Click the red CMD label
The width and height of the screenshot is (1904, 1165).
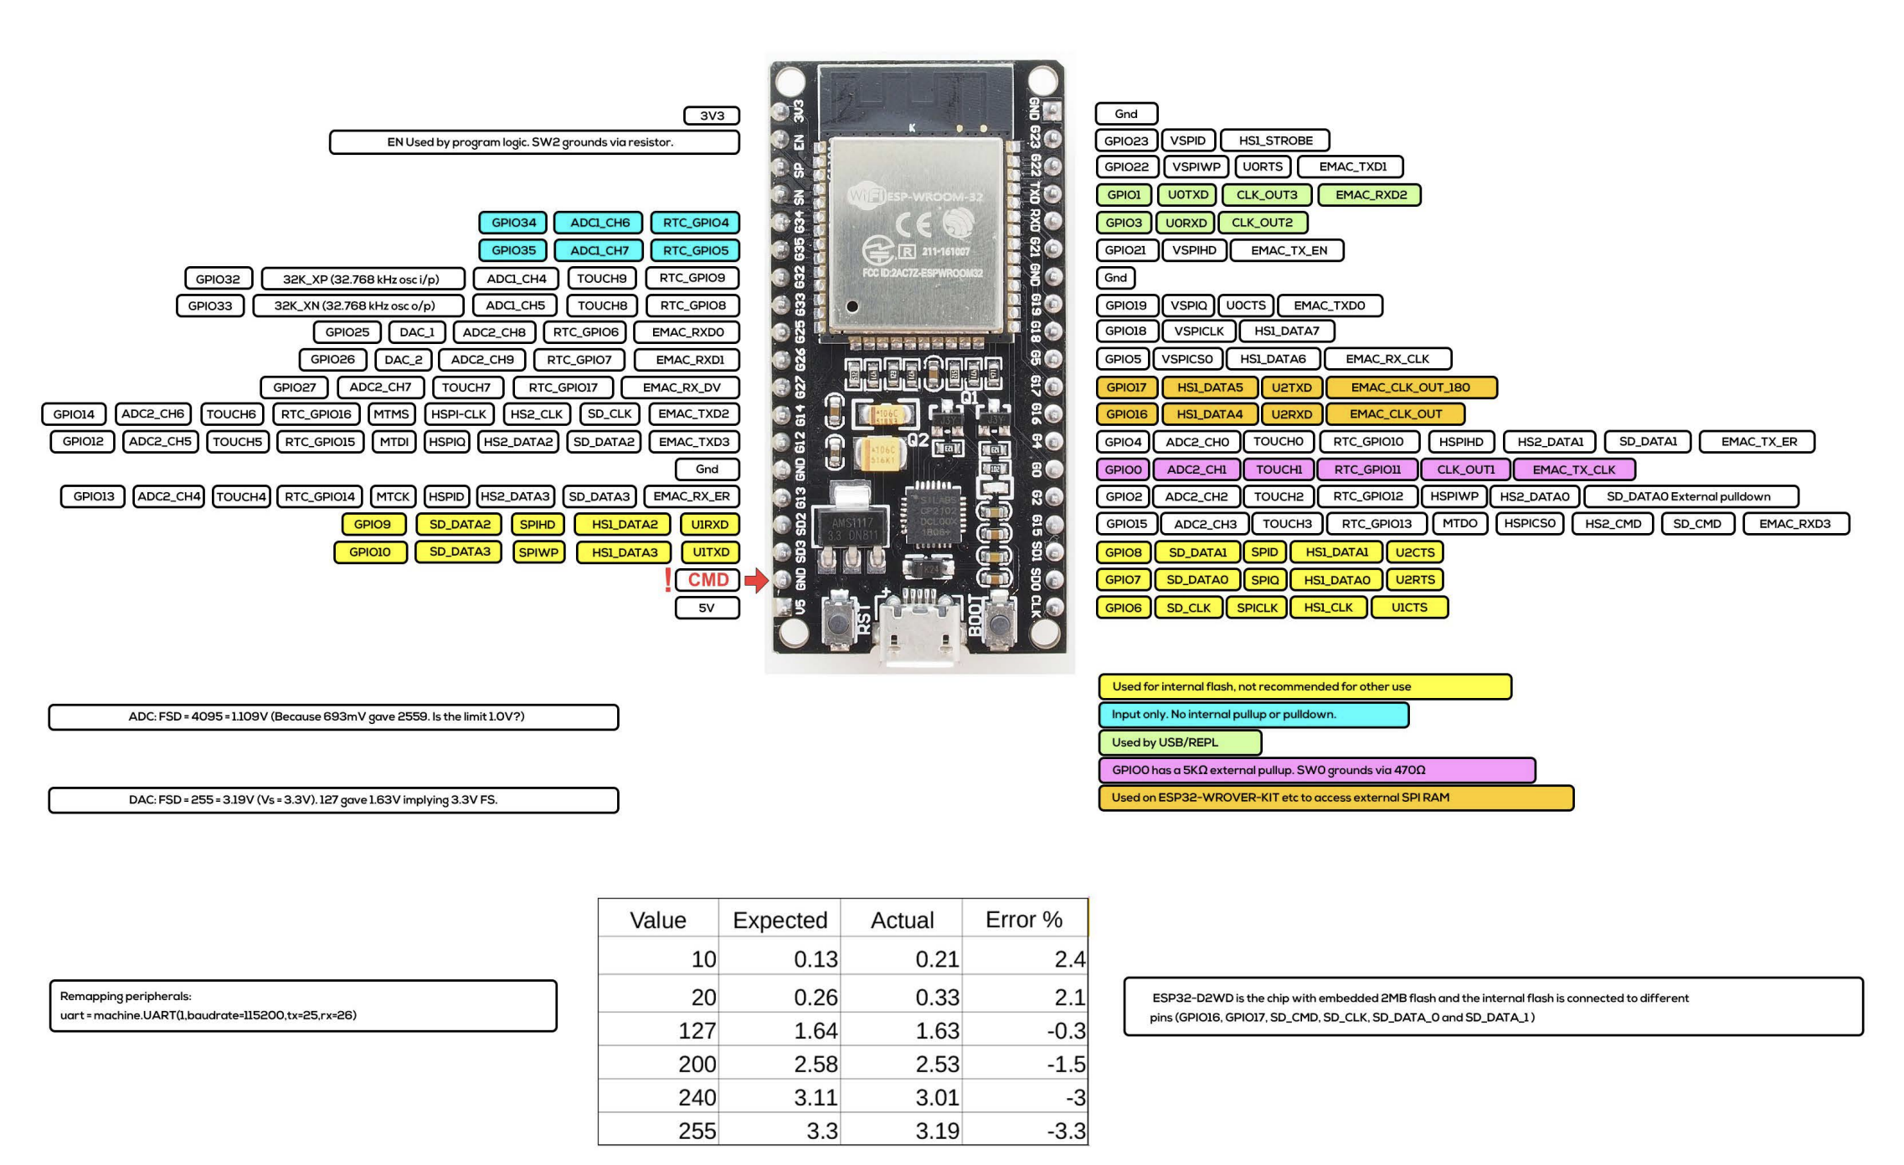click(708, 580)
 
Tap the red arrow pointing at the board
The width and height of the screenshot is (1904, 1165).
click(756, 580)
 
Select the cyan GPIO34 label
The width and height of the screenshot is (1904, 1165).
click(513, 223)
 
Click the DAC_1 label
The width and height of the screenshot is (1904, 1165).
click(417, 332)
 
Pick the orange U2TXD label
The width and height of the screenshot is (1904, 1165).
click(1292, 387)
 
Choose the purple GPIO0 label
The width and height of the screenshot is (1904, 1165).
click(1123, 470)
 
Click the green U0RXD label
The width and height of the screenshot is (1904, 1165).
click(1186, 223)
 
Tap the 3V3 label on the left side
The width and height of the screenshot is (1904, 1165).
click(712, 115)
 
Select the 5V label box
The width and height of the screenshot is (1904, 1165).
click(707, 608)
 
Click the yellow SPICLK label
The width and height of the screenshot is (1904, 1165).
click(1257, 608)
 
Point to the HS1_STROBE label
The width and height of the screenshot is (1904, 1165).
click(1275, 141)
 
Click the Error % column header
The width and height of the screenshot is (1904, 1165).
click(1024, 920)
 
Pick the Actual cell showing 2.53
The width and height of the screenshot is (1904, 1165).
click(937, 1064)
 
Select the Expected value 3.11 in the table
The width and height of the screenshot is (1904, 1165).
click(816, 1097)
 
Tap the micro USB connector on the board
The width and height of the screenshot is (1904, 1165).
click(919, 628)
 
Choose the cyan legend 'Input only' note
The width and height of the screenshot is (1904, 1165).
click(1253, 715)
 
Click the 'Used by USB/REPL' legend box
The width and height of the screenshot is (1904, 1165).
click(1179, 742)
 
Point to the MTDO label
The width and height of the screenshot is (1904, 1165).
click(1459, 524)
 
